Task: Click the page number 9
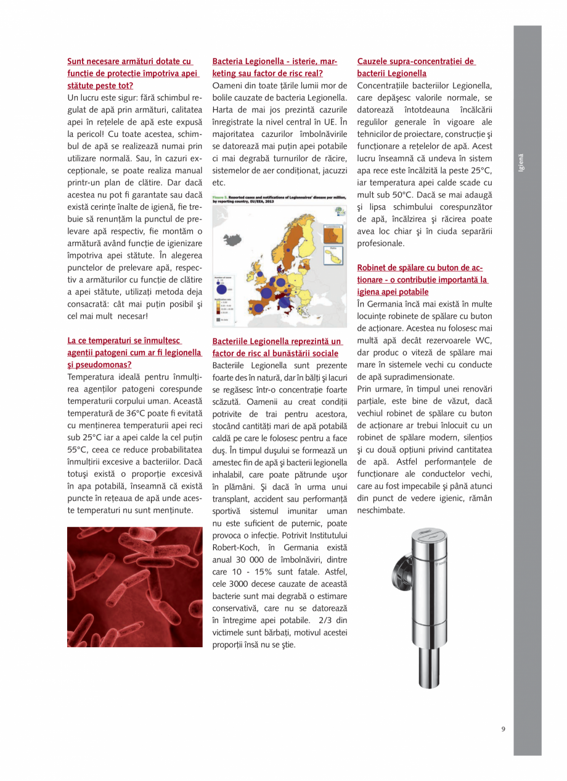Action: point(503,729)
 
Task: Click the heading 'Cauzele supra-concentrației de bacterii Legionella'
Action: point(416,67)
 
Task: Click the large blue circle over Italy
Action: point(284,303)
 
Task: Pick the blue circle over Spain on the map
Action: point(258,308)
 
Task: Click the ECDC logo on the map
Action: point(340,211)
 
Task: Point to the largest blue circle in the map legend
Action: point(221,290)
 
